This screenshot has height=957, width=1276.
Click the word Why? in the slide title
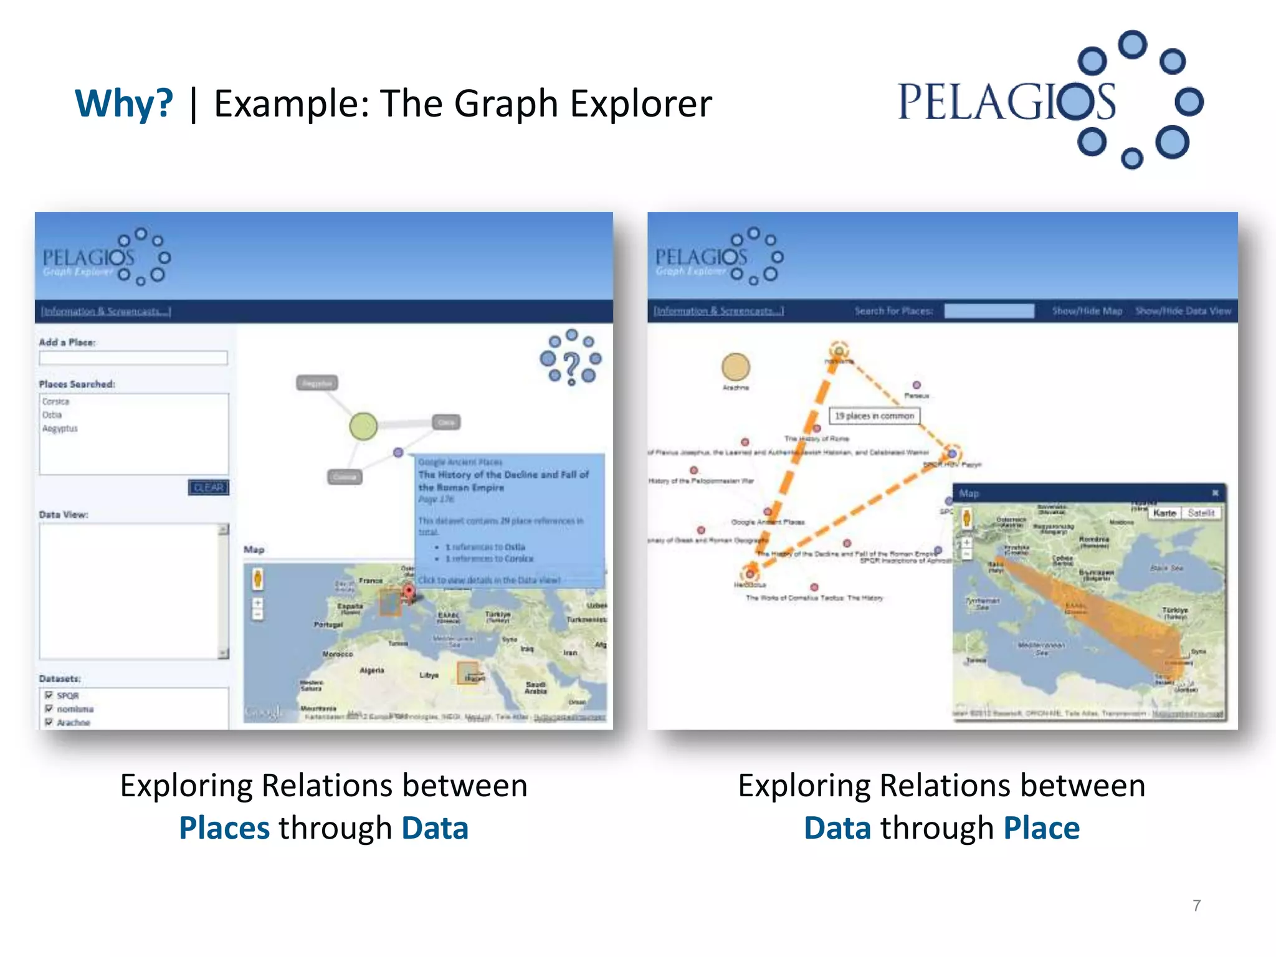point(124,103)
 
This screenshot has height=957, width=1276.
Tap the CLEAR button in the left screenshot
point(209,487)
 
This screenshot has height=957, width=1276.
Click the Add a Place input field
point(133,358)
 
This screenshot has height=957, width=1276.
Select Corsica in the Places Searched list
point(56,402)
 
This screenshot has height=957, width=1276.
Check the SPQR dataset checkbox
point(49,695)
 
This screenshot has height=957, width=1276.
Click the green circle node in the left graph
point(363,426)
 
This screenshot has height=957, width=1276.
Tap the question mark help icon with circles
point(571,359)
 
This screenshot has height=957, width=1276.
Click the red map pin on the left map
point(409,591)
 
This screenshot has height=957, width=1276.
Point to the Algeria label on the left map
point(372,670)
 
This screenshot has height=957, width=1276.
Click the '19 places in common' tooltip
point(874,416)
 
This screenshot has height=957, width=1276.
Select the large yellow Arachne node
point(735,367)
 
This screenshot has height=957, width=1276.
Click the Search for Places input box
point(989,311)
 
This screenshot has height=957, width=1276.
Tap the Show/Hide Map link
point(1087,311)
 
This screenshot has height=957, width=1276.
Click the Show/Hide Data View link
point(1183,311)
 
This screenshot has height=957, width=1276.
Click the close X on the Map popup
point(1215,493)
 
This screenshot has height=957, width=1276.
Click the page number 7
point(1196,905)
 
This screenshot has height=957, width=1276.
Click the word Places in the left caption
point(224,828)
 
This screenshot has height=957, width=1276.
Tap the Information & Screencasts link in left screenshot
point(106,311)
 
